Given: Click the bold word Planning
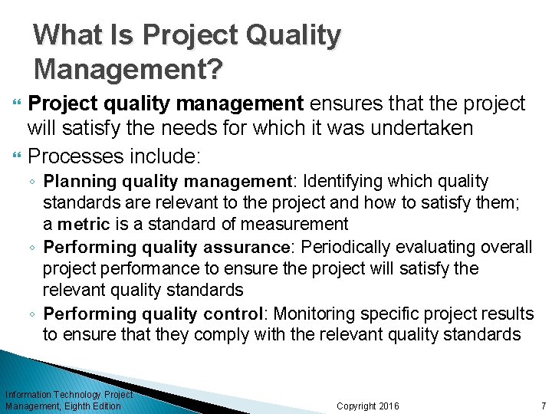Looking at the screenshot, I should [x=74, y=182].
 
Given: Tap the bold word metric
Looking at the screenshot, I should [x=83, y=225].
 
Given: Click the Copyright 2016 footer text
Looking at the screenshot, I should [x=368, y=406].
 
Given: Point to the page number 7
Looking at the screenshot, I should [x=543, y=406].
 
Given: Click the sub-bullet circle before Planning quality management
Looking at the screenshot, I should [x=35, y=182].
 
